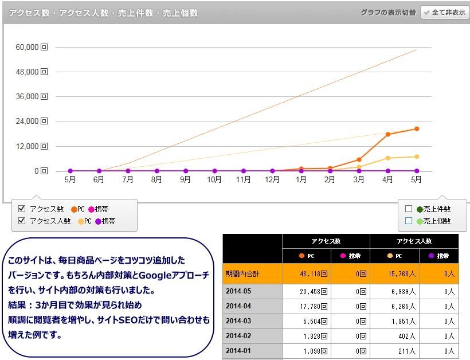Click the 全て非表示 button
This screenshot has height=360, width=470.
(445, 12)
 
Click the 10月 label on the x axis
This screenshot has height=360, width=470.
(214, 179)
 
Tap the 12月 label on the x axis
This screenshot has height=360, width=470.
(272, 179)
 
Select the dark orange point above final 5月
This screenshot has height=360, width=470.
(417, 129)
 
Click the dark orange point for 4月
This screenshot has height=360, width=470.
(388, 135)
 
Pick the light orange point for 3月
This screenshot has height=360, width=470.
(359, 167)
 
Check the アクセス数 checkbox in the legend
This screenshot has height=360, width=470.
(22, 209)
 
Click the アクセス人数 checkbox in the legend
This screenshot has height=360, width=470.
(22, 221)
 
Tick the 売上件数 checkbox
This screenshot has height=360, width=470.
(409, 209)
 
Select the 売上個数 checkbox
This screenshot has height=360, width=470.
(409, 221)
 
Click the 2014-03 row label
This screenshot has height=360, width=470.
(238, 321)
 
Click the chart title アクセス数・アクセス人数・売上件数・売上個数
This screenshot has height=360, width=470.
(103, 13)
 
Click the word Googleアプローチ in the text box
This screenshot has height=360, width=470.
(174, 276)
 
